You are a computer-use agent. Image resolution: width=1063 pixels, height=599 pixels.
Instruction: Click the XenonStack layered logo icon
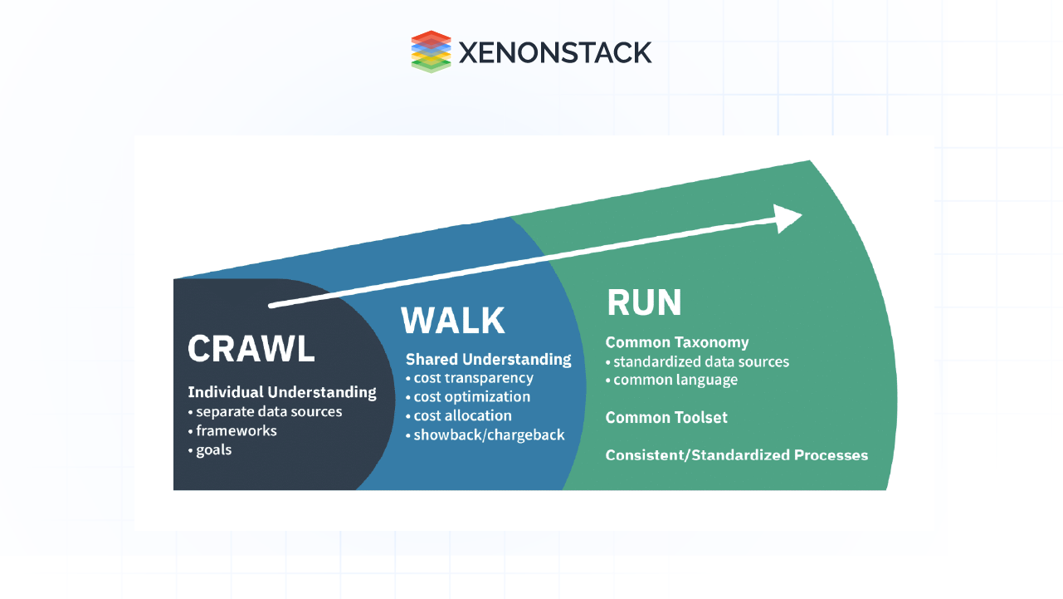point(431,52)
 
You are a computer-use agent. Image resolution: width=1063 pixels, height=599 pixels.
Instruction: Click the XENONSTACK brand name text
point(554,52)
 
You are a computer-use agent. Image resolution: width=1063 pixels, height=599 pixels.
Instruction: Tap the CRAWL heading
point(251,349)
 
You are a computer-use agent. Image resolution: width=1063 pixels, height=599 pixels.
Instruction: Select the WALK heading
point(453,321)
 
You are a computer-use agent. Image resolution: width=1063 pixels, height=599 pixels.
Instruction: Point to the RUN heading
point(644,303)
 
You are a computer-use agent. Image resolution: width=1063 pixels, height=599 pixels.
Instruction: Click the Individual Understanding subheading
point(282,392)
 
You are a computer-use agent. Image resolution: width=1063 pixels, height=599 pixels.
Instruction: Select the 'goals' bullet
point(212,450)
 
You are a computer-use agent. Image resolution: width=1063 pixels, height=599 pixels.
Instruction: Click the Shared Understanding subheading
point(488,360)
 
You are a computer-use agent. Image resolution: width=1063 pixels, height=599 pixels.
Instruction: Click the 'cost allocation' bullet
point(462,415)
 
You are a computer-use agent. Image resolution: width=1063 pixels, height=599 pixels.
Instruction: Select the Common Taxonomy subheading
point(677,342)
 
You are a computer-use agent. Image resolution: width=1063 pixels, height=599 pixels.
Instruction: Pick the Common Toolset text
point(666,417)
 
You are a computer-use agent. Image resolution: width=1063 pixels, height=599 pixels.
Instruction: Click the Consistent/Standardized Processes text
point(737,455)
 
